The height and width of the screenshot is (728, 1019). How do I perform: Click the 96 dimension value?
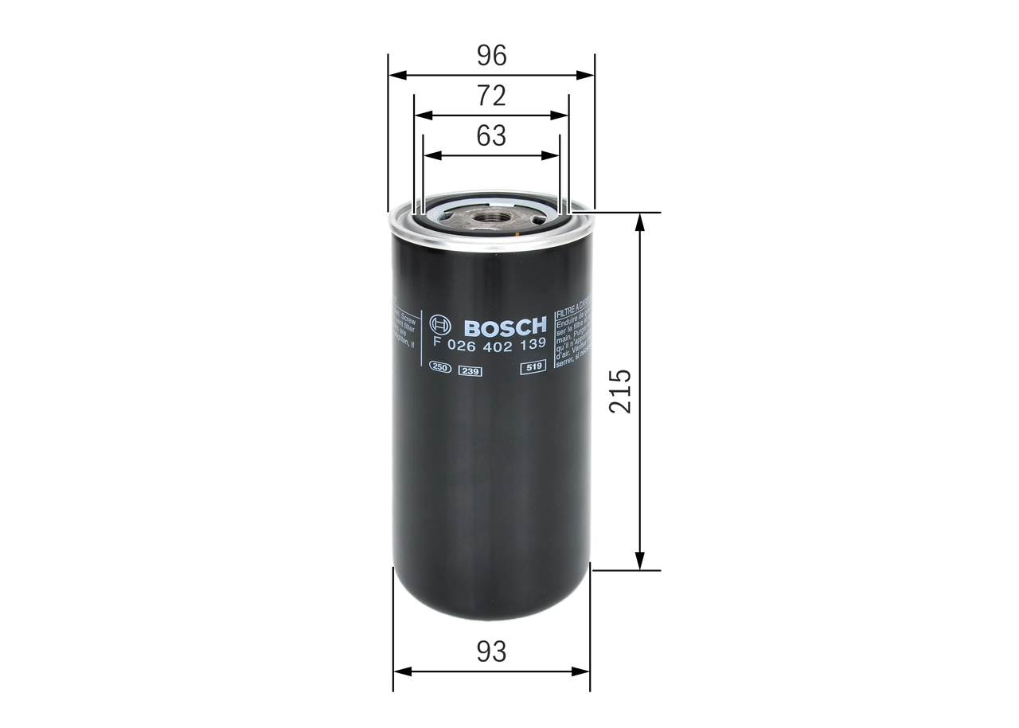click(x=491, y=56)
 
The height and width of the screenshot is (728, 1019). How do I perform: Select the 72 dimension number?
click(x=491, y=96)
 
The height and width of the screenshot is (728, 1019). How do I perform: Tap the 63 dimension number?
click(x=491, y=136)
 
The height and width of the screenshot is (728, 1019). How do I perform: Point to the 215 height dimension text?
click(x=619, y=390)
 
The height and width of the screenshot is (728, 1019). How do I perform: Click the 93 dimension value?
click(x=491, y=652)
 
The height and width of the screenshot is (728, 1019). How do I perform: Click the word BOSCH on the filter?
click(x=504, y=327)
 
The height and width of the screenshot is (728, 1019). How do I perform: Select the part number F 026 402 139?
click(x=488, y=344)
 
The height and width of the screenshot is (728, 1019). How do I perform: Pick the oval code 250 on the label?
click(x=440, y=367)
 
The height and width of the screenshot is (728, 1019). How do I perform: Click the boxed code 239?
click(x=470, y=368)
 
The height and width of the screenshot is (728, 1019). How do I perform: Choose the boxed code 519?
click(x=532, y=367)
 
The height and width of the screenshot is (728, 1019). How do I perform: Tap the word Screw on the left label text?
click(x=408, y=316)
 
